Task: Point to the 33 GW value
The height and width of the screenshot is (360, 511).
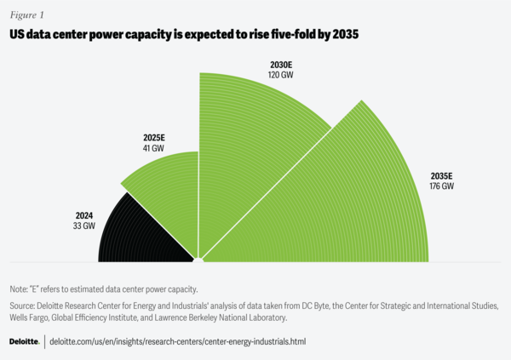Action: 83,227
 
